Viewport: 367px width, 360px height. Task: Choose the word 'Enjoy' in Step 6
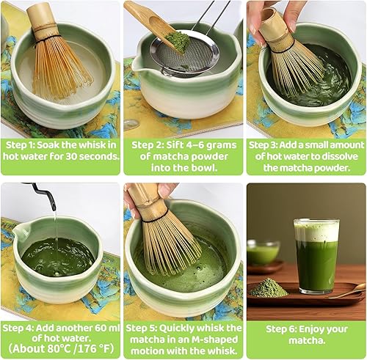[307, 328]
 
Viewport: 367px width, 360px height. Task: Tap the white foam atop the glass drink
[316, 231]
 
